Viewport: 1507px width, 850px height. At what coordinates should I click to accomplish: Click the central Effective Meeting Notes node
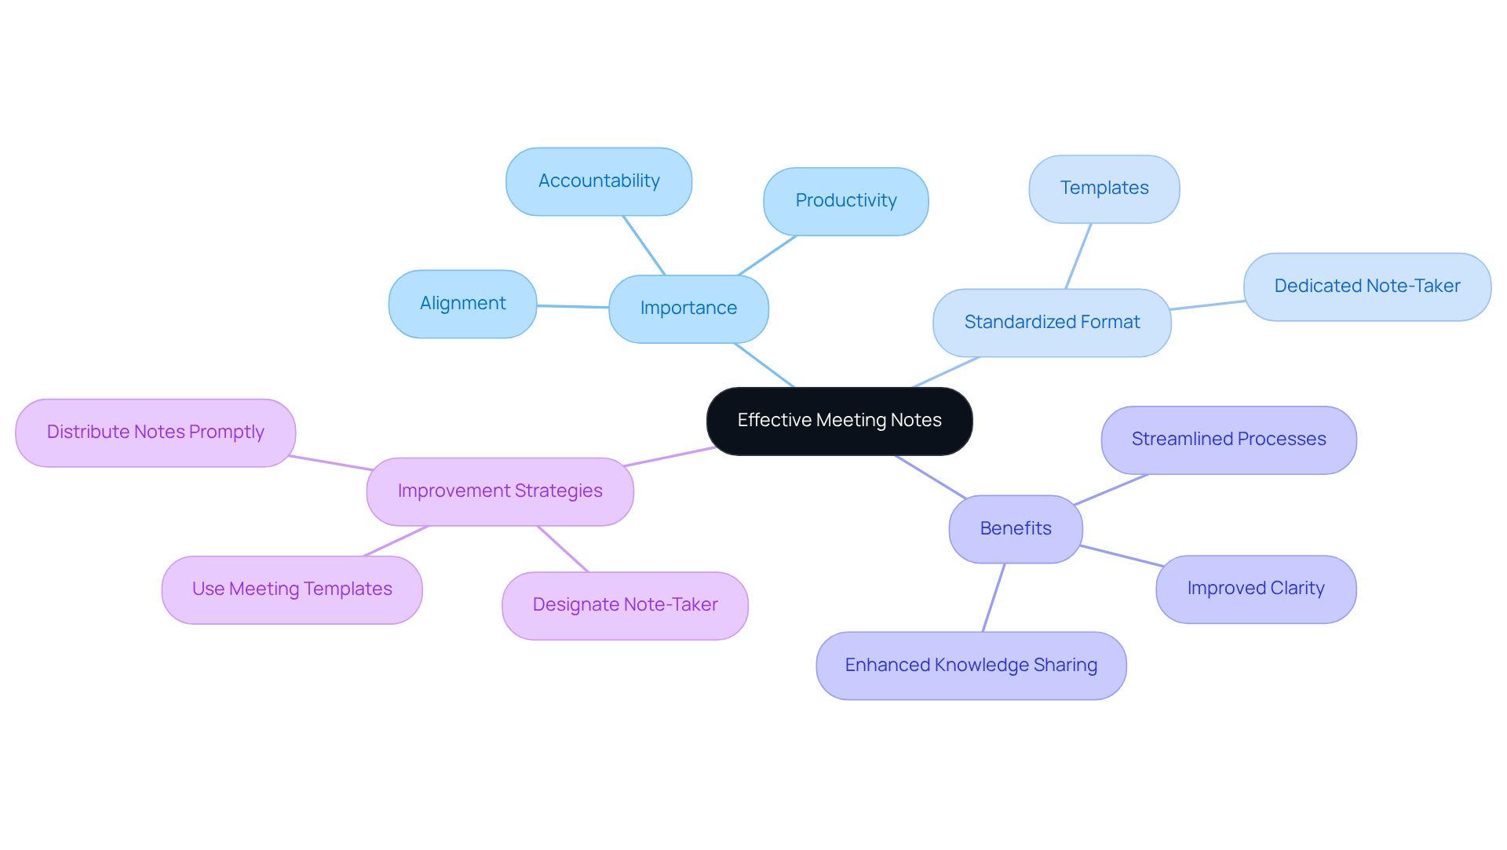[839, 421]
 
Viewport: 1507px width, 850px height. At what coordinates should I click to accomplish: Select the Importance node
[688, 308]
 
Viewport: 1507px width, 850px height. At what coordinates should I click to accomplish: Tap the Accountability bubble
[599, 181]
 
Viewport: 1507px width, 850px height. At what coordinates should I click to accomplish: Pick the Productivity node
[845, 201]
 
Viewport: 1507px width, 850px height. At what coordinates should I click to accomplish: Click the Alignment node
[462, 304]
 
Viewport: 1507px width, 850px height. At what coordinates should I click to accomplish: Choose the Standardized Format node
[1052, 323]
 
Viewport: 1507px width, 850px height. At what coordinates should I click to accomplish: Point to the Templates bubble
[1104, 188]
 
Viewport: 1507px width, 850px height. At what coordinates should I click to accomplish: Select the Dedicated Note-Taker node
[1367, 286]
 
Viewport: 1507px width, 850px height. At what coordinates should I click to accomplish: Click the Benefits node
[1015, 529]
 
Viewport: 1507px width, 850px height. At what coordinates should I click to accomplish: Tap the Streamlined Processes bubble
[1228, 440]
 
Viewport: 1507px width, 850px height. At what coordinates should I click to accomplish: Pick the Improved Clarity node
[1255, 589]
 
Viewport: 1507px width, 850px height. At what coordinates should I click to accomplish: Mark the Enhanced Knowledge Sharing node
[971, 666]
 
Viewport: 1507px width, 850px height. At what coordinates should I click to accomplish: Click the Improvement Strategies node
[500, 491]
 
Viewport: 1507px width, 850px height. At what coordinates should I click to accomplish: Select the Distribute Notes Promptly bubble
[155, 432]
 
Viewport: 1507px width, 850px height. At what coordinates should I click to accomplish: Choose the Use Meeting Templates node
[292, 589]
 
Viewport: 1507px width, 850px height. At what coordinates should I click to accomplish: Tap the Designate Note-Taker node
[625, 605]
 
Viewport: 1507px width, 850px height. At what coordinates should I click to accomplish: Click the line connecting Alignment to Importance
[573, 306]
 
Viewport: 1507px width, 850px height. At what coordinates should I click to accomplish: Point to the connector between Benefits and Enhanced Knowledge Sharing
[994, 597]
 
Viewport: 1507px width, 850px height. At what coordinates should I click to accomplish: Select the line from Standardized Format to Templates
[1078, 256]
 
